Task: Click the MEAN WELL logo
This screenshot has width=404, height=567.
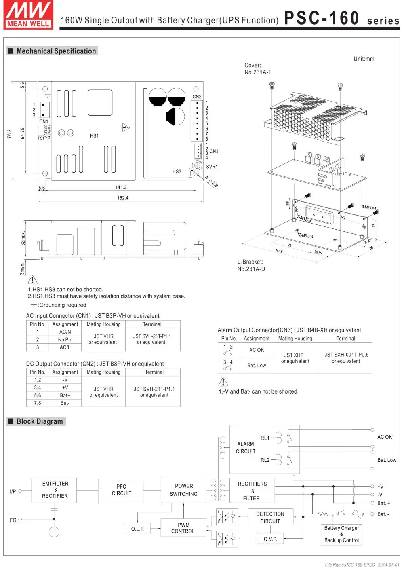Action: [x=28, y=15]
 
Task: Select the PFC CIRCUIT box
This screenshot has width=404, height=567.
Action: [x=121, y=490]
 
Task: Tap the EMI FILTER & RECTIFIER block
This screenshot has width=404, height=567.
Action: [x=55, y=490]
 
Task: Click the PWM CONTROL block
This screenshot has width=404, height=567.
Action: [x=183, y=528]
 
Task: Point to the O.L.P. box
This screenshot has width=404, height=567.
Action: [x=138, y=529]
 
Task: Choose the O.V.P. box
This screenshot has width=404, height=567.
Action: [x=270, y=539]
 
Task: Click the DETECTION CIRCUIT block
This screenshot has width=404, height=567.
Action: [x=270, y=517]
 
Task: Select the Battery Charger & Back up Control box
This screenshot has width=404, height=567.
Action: [x=341, y=534]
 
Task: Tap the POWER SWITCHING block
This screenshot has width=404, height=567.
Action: [x=183, y=490]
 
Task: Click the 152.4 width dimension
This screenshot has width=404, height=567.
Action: [x=122, y=198]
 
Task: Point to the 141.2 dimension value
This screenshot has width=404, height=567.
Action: [x=121, y=188]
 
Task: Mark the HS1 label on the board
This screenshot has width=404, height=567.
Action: [x=94, y=136]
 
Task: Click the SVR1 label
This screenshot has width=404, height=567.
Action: [x=212, y=167]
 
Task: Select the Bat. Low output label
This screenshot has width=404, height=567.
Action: [x=386, y=460]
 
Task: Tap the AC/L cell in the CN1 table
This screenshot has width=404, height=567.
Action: [x=65, y=347]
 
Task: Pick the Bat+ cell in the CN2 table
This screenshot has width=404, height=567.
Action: [x=65, y=395]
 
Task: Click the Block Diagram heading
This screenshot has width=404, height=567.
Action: [x=40, y=421]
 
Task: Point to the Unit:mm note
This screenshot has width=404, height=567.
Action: [x=364, y=59]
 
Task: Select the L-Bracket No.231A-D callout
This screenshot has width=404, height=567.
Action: [x=251, y=265]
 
